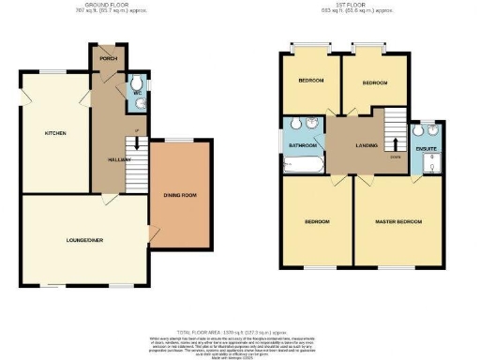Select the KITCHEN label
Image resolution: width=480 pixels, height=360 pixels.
point(55,133)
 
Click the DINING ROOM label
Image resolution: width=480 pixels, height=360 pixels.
point(180,195)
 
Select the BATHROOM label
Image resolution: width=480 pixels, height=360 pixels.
point(302,146)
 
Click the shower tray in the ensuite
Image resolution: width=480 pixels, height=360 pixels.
point(431,167)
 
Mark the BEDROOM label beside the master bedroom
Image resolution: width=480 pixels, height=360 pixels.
point(316,222)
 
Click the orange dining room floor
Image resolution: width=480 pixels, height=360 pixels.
point(180,220)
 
